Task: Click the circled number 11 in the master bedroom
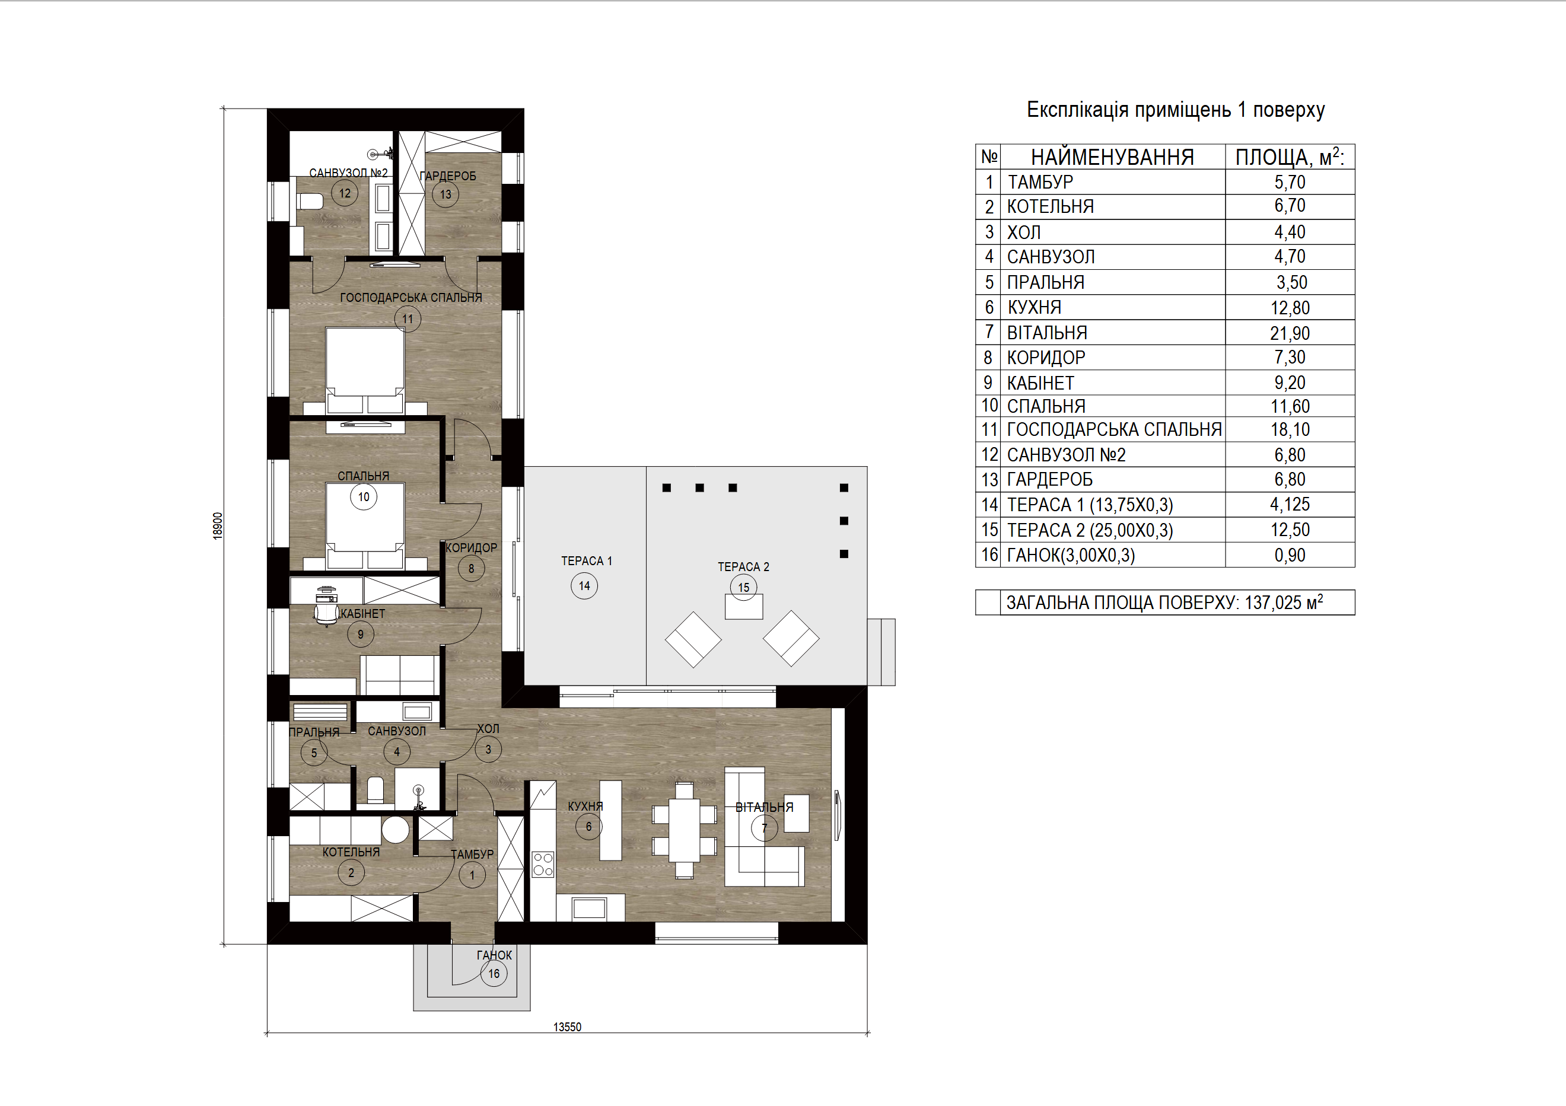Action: pyautogui.click(x=407, y=319)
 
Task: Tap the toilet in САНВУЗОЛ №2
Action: pyautogui.click(x=310, y=201)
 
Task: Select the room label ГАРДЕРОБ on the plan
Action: pyautogui.click(x=448, y=176)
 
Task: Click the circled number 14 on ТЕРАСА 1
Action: pyautogui.click(x=584, y=586)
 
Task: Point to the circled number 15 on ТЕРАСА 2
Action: pyautogui.click(x=743, y=587)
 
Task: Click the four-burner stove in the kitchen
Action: pyautogui.click(x=543, y=864)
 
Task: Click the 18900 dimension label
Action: pyautogui.click(x=218, y=527)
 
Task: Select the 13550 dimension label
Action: pyautogui.click(x=568, y=1027)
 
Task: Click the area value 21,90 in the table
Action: pyautogui.click(x=1290, y=333)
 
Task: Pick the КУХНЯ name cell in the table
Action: pyautogui.click(x=1034, y=308)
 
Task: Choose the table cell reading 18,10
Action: pyautogui.click(x=1290, y=429)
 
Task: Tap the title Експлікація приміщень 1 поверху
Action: pyautogui.click(x=1175, y=110)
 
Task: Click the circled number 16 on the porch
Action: pyautogui.click(x=494, y=974)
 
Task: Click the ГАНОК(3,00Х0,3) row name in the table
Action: pyautogui.click(x=1071, y=555)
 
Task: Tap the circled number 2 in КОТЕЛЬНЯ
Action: pyautogui.click(x=351, y=873)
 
